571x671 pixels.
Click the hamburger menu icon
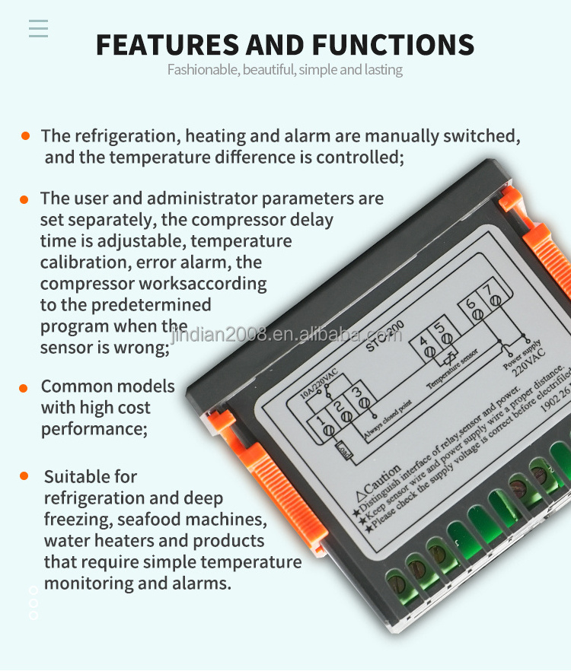[x=38, y=28]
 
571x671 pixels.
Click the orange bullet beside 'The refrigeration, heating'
[x=25, y=135]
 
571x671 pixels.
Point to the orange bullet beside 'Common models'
[x=24, y=387]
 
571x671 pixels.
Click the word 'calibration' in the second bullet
[x=85, y=262]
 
